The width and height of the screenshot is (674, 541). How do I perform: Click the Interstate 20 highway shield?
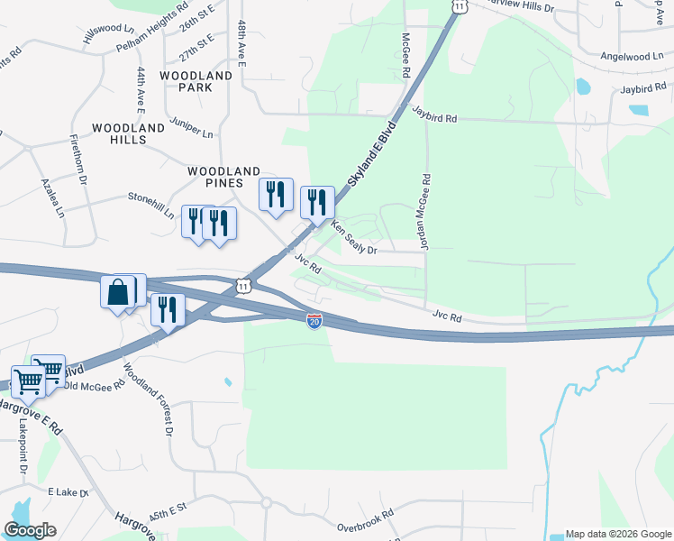pos(314,321)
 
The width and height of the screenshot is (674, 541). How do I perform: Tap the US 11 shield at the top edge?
pos(460,5)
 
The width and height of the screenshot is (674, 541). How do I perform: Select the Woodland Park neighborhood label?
pos(196,81)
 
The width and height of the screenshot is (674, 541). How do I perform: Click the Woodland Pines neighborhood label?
pos(223,177)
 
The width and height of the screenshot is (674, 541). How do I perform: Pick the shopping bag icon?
pos(117,293)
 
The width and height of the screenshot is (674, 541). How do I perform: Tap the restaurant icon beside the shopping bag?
pos(167,309)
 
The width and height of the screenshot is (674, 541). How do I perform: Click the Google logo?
pos(30,530)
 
